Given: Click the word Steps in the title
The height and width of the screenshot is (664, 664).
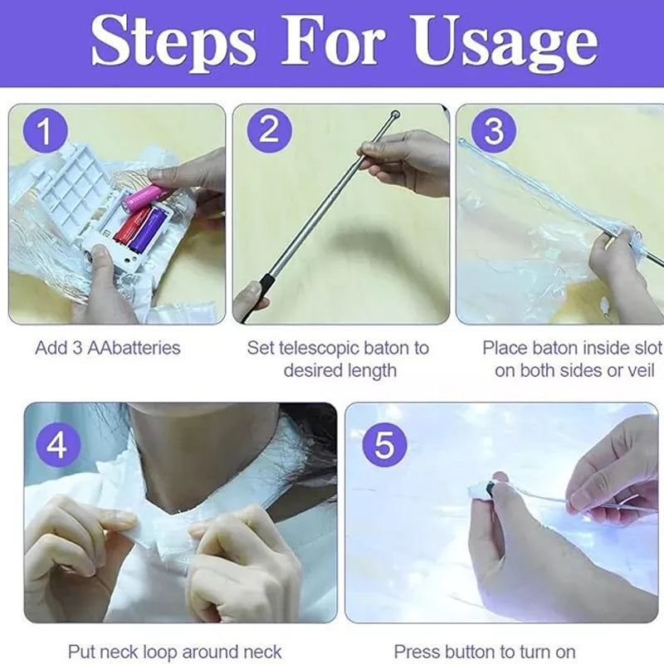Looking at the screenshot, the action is [173, 44].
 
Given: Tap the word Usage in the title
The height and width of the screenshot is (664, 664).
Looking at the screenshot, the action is [505, 44].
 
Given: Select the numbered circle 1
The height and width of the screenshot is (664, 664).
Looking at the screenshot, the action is [46, 130].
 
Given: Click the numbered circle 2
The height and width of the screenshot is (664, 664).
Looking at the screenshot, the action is [269, 130].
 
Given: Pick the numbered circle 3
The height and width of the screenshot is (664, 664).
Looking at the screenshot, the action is [494, 130].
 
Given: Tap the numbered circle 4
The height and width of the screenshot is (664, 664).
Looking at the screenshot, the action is [57, 445].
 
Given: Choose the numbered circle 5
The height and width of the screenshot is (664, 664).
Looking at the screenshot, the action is [384, 445].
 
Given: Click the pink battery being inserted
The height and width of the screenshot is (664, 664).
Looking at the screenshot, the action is [141, 199].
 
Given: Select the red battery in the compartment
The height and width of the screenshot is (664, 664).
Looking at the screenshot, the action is [131, 223].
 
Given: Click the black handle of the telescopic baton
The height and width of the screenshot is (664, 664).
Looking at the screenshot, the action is [263, 288].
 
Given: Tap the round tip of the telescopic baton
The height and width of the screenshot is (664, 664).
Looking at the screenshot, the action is [396, 114].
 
